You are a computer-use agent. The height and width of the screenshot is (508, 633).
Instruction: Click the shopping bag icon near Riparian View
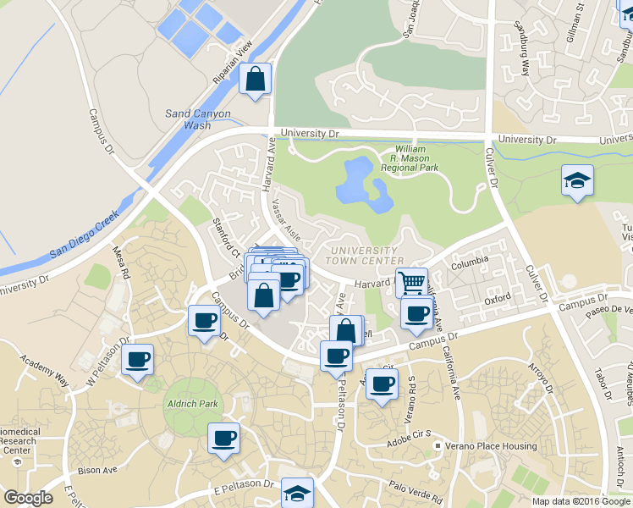[x=255, y=80]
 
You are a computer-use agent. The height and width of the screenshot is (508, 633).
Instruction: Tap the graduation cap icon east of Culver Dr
[x=577, y=180]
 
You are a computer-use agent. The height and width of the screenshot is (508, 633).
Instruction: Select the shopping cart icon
[x=411, y=281]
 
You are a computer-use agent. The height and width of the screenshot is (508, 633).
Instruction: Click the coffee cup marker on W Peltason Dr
[x=137, y=359]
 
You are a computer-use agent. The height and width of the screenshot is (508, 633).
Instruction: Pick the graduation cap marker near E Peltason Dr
[x=297, y=492]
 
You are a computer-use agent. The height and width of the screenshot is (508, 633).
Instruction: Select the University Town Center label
[x=363, y=256]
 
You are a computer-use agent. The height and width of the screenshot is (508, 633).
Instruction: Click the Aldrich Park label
[x=193, y=404]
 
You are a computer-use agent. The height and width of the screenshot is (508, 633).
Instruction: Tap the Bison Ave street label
[x=96, y=471]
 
